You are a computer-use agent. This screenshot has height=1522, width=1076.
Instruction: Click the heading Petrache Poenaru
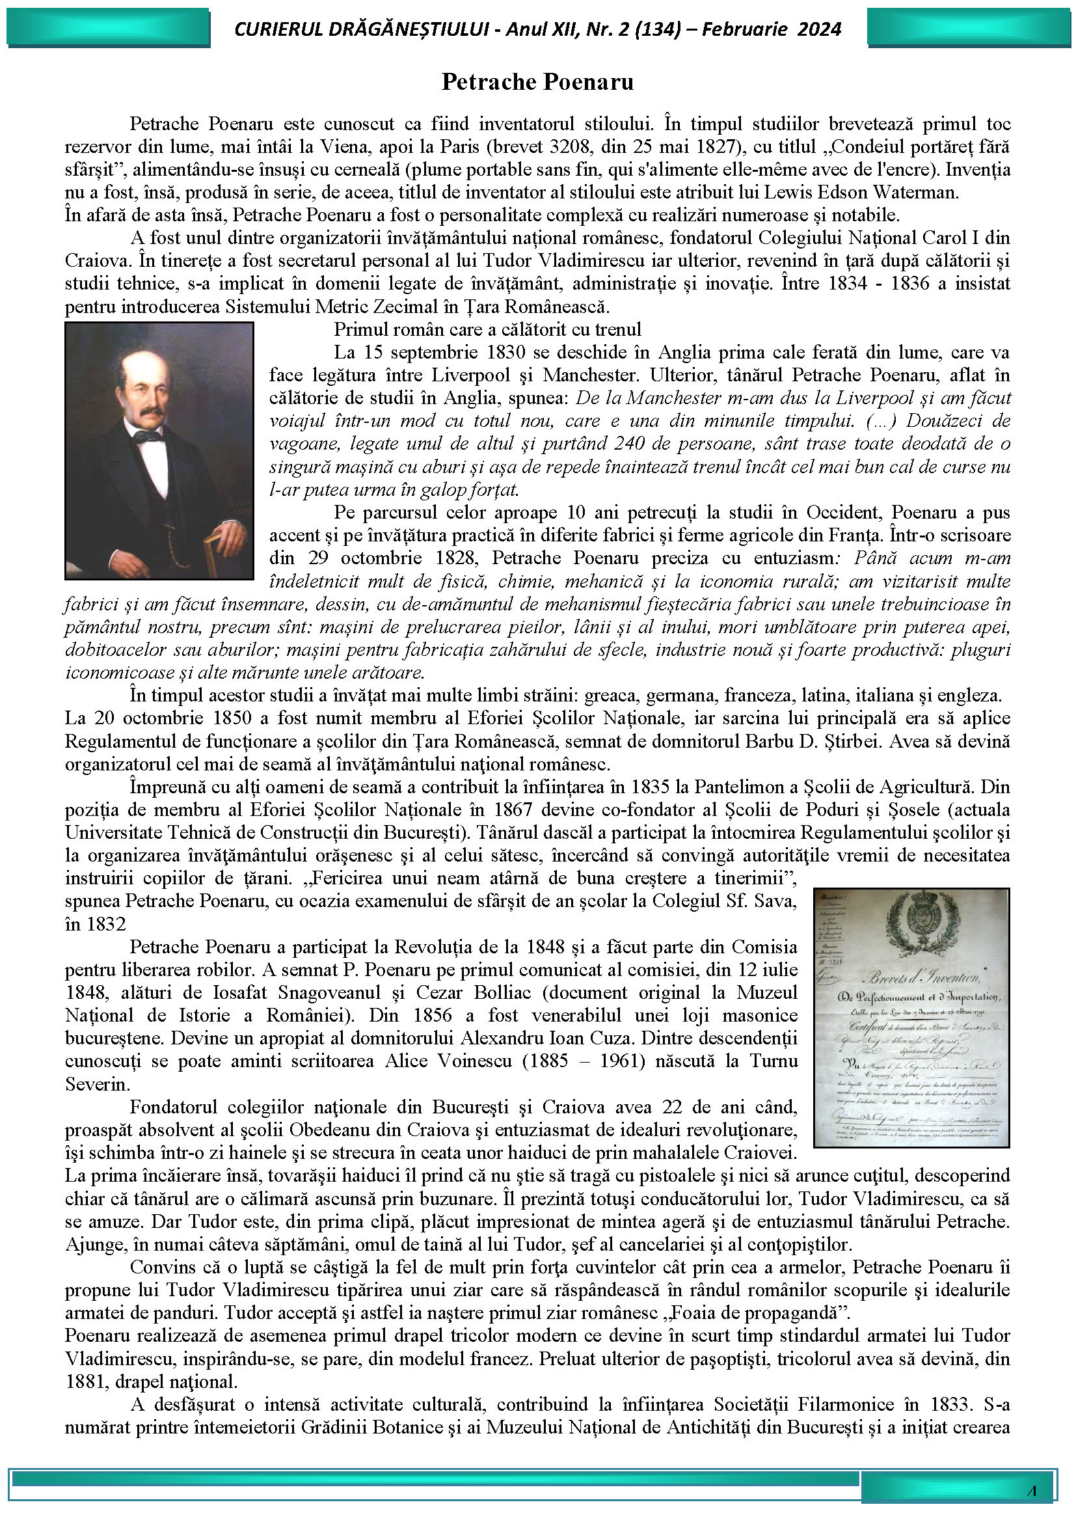point(537,82)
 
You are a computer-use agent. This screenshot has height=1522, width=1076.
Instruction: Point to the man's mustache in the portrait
point(148,412)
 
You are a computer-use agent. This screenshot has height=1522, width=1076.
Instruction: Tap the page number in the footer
point(1032,1490)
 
